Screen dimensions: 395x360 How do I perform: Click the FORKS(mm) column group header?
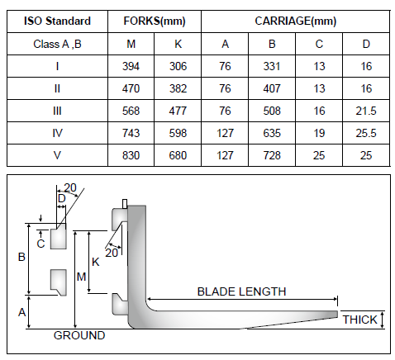155,21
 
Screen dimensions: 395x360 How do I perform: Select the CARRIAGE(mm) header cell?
296,21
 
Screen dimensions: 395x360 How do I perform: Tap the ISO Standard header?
57,21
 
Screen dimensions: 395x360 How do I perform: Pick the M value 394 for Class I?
131,66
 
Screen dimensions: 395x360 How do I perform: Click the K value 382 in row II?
178,88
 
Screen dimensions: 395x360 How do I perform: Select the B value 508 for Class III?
272,111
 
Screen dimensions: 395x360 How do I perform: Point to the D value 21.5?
366,111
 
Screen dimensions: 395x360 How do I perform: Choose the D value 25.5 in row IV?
366,133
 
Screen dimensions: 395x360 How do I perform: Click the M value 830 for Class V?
131,155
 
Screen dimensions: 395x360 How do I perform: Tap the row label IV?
57,133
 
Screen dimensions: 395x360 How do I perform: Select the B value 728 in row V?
272,155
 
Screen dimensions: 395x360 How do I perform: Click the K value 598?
178,133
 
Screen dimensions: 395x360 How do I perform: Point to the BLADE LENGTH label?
242,291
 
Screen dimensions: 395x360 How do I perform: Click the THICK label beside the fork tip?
359,320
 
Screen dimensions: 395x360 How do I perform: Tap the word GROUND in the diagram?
79,335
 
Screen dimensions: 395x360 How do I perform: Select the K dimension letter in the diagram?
96,262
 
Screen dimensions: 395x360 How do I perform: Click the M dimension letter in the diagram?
81,277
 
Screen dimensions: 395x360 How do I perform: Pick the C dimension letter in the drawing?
40,244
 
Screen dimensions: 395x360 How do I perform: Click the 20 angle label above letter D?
70,187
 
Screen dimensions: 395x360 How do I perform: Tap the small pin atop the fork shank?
125,204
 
